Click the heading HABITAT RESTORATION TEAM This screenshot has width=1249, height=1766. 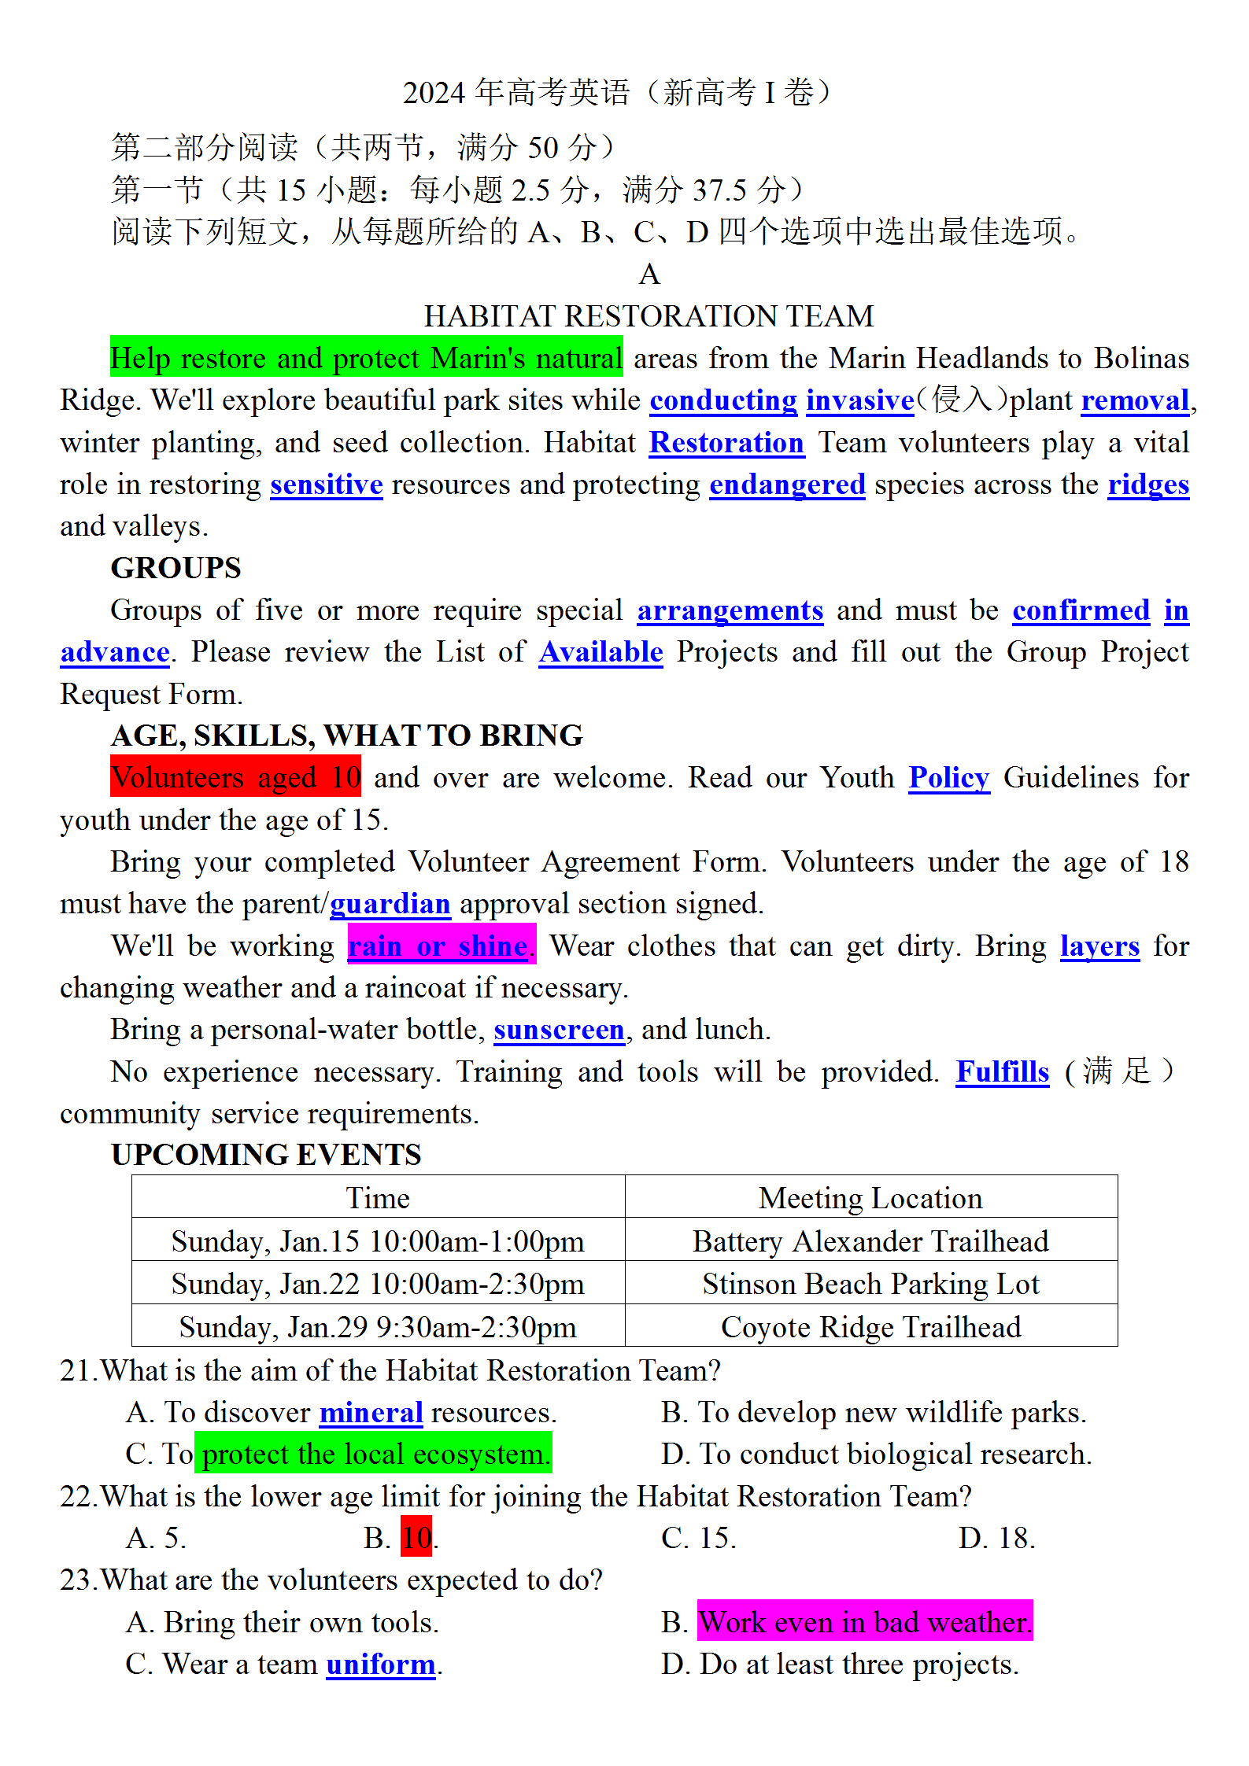click(649, 316)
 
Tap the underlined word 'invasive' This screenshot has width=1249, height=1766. click(859, 400)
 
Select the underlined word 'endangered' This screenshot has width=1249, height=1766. click(787, 485)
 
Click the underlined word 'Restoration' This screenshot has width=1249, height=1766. click(726, 443)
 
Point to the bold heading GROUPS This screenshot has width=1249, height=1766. click(176, 568)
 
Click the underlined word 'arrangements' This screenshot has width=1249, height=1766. click(730, 610)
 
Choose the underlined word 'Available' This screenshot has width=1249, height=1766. click(600, 652)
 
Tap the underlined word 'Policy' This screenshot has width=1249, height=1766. click(948, 778)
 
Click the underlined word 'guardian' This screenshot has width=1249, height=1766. click(390, 904)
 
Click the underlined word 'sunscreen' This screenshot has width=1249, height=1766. click(559, 1030)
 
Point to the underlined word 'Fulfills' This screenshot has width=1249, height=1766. click(1002, 1072)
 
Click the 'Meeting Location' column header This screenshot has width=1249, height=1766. click(870, 1198)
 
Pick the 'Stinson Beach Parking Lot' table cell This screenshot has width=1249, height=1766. click(870, 1284)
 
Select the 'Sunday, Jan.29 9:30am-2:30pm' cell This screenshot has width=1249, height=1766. click(378, 1327)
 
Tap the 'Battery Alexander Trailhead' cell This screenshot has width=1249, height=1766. click(870, 1241)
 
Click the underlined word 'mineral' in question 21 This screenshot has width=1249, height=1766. click(371, 1413)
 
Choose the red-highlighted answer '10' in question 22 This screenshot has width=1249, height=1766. click(416, 1538)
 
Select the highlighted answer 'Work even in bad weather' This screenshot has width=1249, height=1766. click(864, 1622)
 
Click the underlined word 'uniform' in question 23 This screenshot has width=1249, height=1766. click(380, 1665)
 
